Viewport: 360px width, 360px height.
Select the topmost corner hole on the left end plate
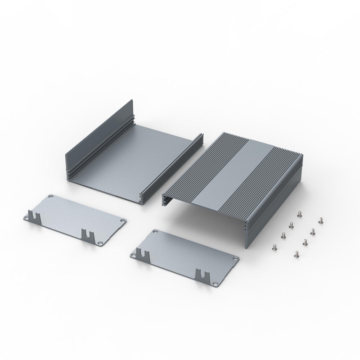[x=50, y=197]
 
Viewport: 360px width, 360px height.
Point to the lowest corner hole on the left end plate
[x=99, y=243]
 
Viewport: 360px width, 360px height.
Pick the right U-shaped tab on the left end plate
[x=86, y=234]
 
